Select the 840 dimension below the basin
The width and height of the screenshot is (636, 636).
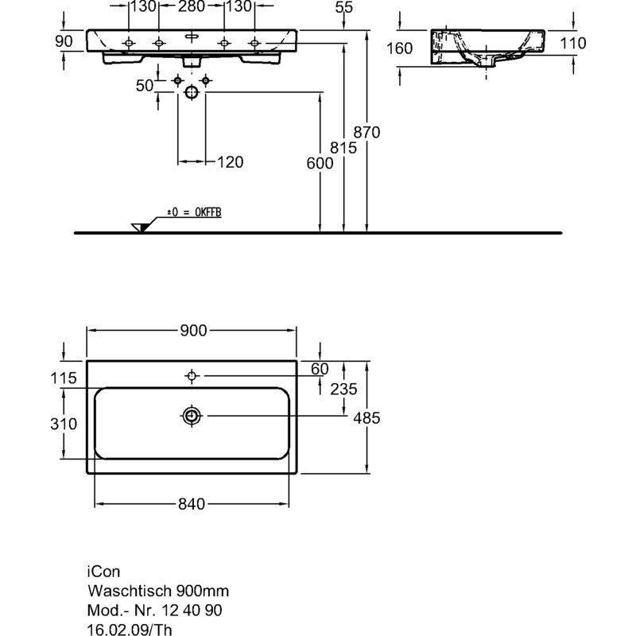pyautogui.click(x=191, y=504)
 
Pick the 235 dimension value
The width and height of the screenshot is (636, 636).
pyautogui.click(x=343, y=389)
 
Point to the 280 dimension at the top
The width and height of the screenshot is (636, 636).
pyautogui.click(x=191, y=7)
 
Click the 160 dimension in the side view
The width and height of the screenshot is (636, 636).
pyautogui.click(x=399, y=48)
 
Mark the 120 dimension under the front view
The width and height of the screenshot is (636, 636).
pyautogui.click(x=229, y=162)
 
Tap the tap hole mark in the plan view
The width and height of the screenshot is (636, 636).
pyautogui.click(x=192, y=375)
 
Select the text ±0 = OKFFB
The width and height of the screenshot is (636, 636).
pyautogui.click(x=194, y=212)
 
